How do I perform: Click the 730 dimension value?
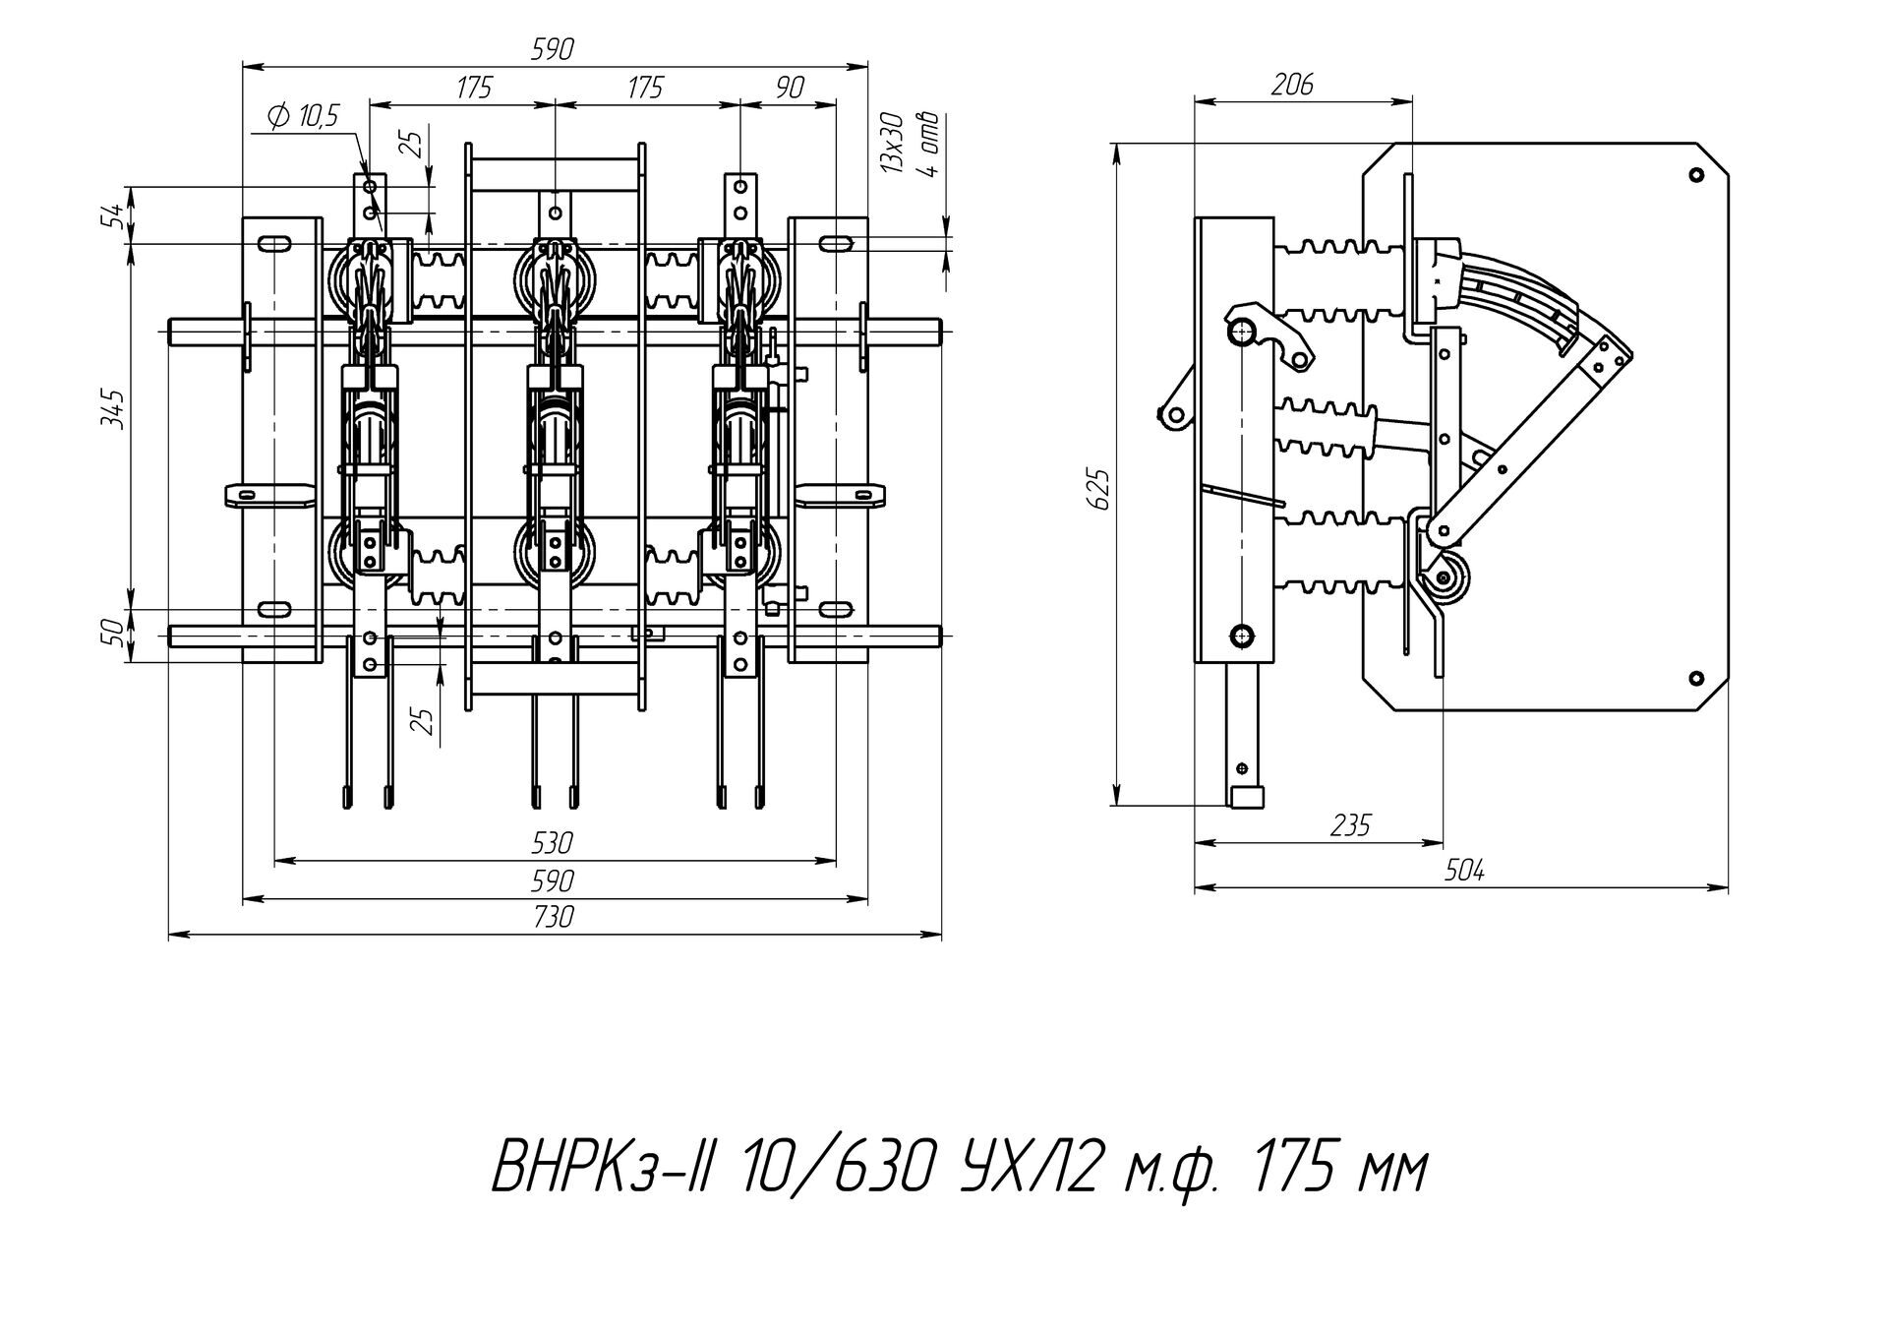pyautogui.click(x=553, y=917)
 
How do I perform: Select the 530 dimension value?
pyautogui.click(x=553, y=842)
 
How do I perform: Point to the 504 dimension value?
pyautogui.click(x=1464, y=870)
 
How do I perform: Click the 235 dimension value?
pyautogui.click(x=1349, y=824)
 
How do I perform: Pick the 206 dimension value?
pyautogui.click(x=1291, y=85)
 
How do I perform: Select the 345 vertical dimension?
pyautogui.click(x=114, y=409)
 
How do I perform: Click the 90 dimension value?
pyautogui.click(x=789, y=89)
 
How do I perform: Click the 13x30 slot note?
pyautogui.click(x=892, y=144)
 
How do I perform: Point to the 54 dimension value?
pyautogui.click(x=115, y=214)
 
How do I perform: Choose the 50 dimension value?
pyautogui.click(x=115, y=633)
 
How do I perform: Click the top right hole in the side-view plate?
pyautogui.click(x=1695, y=176)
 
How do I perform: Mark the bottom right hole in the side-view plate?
pyautogui.click(x=1695, y=677)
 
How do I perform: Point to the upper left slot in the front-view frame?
pyautogui.click(x=274, y=243)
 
